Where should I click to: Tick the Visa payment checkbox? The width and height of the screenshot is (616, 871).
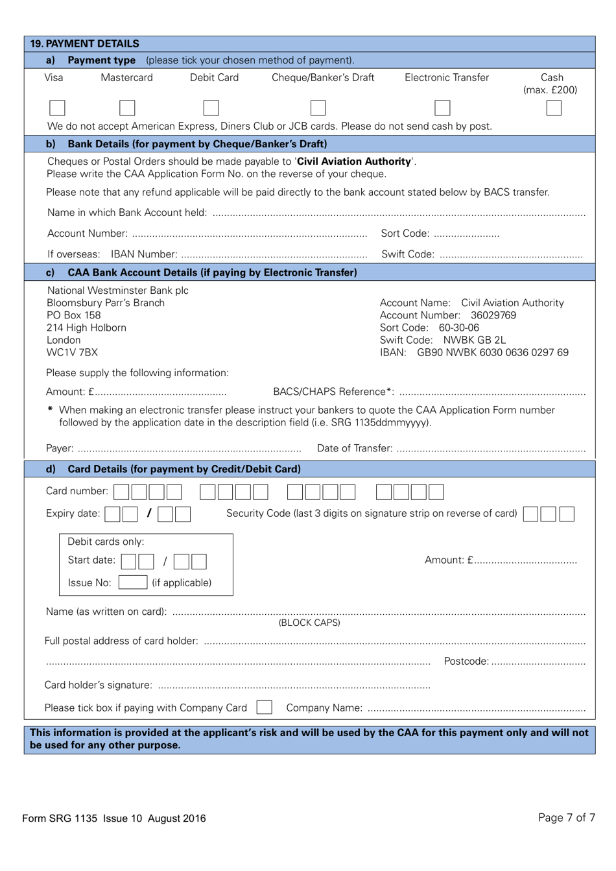point(57,108)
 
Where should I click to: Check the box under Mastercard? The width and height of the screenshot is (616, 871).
point(127,108)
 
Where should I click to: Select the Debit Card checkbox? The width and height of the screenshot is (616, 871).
point(211,108)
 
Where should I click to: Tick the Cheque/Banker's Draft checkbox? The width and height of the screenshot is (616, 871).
point(318,108)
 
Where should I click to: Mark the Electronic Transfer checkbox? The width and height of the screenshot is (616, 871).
point(442,108)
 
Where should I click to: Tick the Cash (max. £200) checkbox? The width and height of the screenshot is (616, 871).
point(553,108)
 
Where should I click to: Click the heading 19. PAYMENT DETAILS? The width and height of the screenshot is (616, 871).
point(85,43)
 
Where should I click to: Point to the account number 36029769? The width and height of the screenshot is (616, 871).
point(493,315)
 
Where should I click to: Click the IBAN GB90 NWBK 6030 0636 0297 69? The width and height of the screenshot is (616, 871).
point(492,353)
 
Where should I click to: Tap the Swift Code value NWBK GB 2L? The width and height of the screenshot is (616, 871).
point(475,340)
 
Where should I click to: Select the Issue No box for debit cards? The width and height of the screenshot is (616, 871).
point(132,582)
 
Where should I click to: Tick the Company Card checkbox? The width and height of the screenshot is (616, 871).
point(264,708)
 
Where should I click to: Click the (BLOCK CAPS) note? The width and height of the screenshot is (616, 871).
point(309,623)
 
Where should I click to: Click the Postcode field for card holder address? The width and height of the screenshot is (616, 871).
point(538,662)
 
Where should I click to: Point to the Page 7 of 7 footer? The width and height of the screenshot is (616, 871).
point(566,817)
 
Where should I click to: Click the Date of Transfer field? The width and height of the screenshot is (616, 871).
point(491,449)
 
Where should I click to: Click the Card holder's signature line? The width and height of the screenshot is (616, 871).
point(294,686)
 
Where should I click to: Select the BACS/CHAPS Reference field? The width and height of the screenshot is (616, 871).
point(492,392)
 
